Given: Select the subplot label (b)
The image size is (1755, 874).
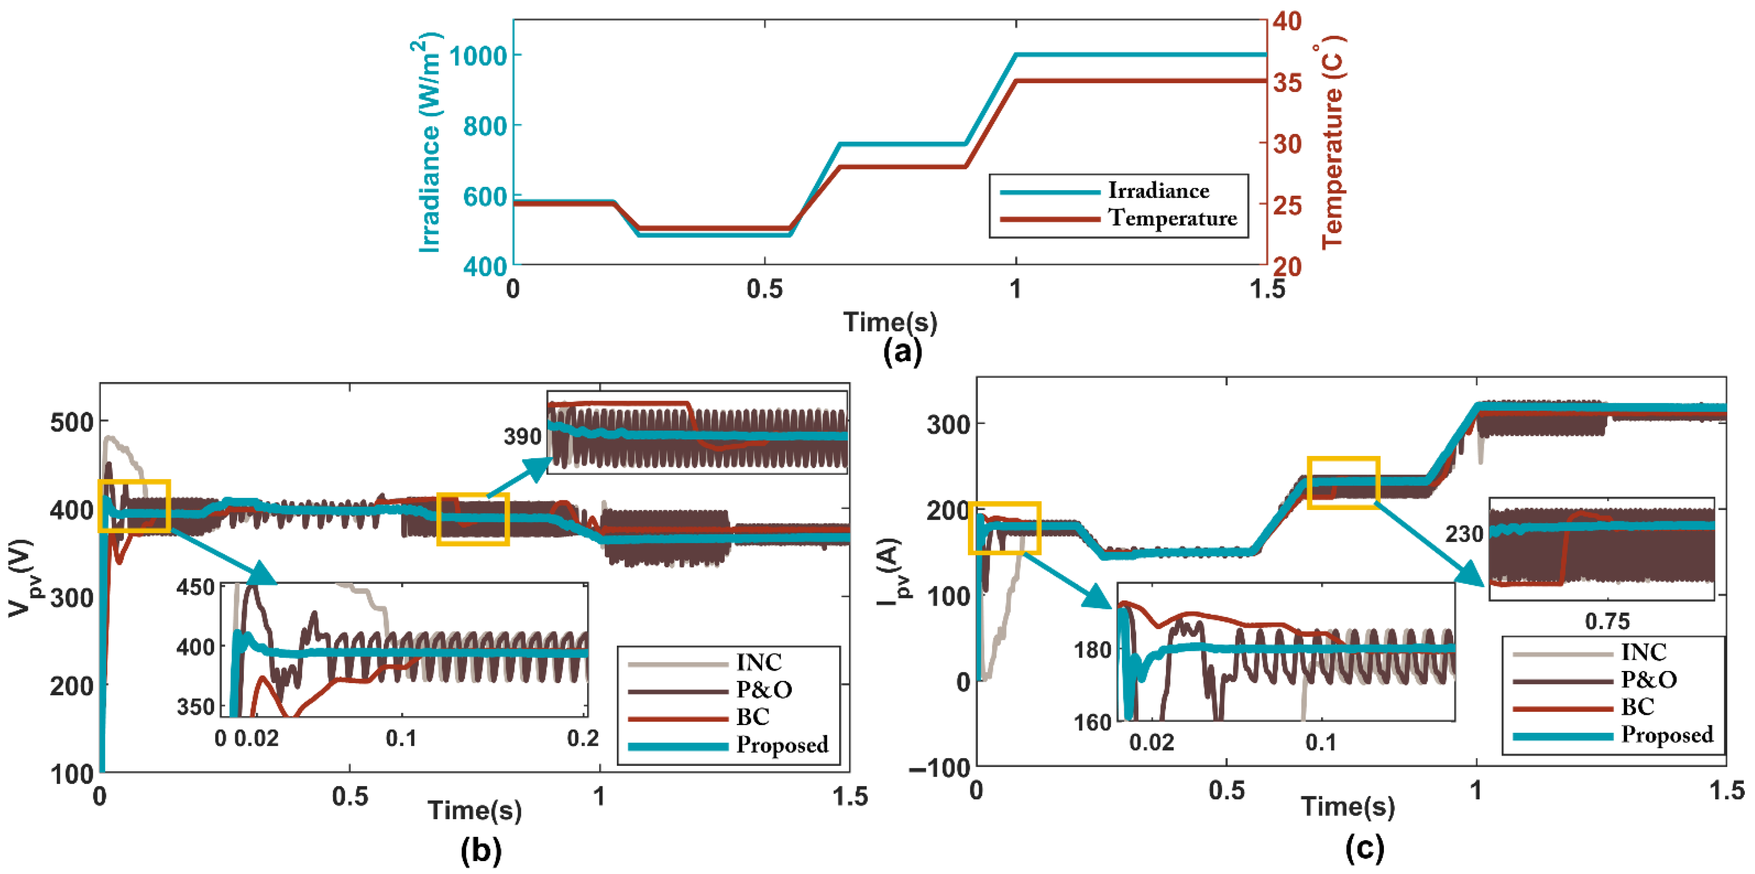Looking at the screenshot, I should click(x=481, y=850).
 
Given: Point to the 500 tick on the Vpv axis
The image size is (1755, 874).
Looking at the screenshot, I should click(x=71, y=422).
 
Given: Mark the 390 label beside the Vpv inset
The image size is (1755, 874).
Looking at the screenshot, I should click(x=522, y=437).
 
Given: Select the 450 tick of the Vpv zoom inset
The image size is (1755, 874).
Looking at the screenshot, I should click(x=196, y=587).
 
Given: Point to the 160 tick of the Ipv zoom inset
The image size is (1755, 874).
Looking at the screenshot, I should click(x=1093, y=722).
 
